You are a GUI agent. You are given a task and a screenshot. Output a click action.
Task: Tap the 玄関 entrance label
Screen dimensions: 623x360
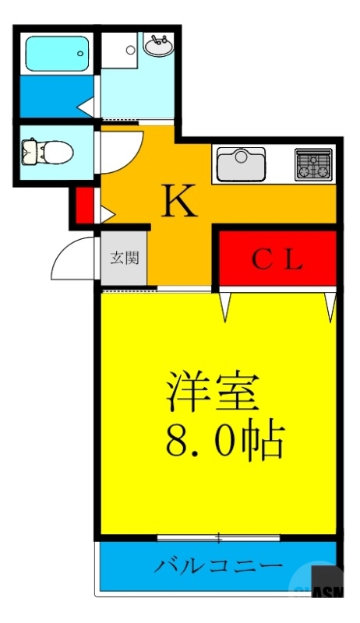(x=124, y=257)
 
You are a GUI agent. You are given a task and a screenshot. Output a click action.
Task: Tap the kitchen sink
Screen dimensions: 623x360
(x=241, y=164)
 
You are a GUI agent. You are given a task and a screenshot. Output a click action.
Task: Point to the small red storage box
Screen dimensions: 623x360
(x=84, y=205)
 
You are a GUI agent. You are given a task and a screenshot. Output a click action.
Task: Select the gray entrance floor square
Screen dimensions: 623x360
(x=124, y=258)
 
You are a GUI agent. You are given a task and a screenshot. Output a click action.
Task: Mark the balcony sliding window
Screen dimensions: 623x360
(x=219, y=537)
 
